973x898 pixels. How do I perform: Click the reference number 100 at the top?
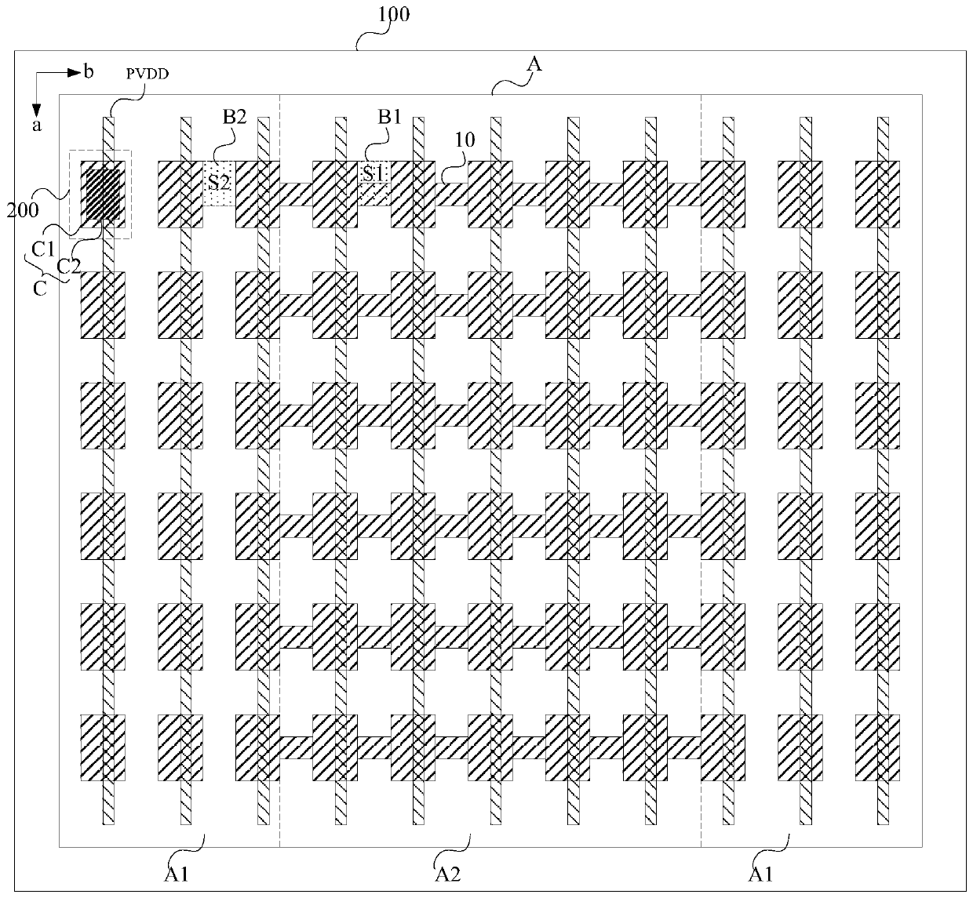coord(395,15)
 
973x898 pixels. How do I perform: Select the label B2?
coord(235,118)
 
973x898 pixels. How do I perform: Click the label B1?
coord(389,118)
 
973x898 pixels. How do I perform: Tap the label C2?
coord(69,265)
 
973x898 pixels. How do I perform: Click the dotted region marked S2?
coord(219,184)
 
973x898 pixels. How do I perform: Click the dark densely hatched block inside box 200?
coord(103,195)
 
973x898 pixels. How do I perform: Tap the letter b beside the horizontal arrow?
coord(89,73)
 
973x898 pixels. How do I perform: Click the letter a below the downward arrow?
coord(35,125)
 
